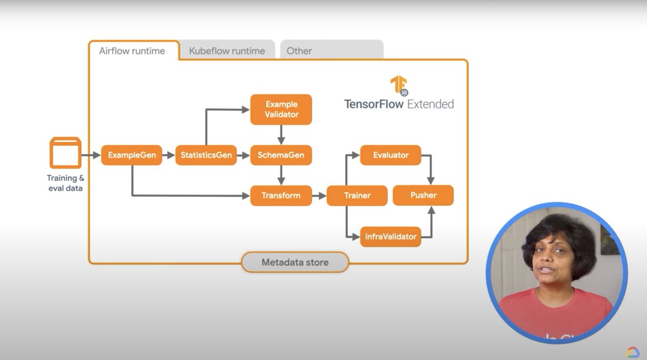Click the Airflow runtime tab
pos(132,51)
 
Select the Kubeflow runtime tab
pos(227,51)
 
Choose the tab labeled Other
pos(299,51)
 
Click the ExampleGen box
pos(132,155)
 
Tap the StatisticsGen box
pos(206,155)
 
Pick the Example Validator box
pos(281,109)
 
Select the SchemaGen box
pos(281,155)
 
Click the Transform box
pos(281,195)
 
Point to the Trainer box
pos(357,195)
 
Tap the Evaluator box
pos(391,155)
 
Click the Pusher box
pos(423,195)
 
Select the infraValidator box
pos(391,237)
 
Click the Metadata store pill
pos(295,262)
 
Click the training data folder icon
pos(65,153)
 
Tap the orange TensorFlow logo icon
pos(399,86)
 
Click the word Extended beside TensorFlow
pos(430,104)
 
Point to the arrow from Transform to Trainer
pos(319,195)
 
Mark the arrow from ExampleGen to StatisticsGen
pos(169,155)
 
